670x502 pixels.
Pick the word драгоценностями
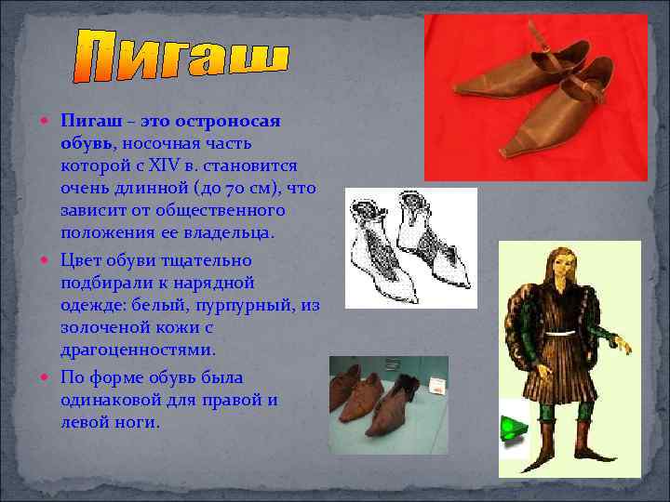(138, 350)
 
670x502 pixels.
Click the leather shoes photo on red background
(534, 98)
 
